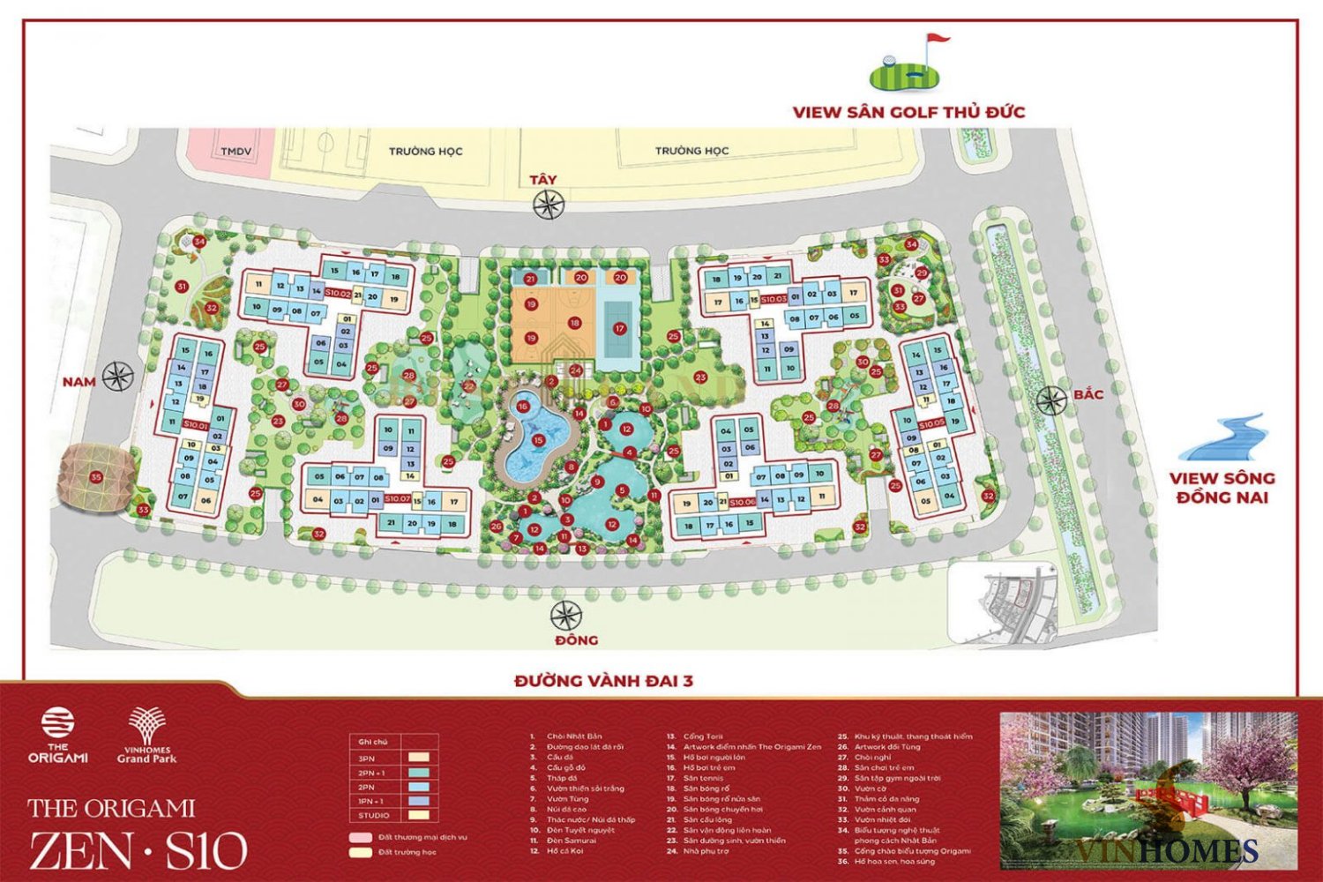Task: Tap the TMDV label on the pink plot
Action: click(235, 152)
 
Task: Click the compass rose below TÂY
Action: click(548, 206)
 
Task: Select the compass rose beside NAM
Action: click(117, 377)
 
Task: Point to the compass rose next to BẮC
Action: click(1050, 401)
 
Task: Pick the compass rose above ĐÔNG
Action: click(566, 616)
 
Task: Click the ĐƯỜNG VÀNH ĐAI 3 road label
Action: click(603, 681)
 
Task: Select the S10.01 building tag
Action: click(195, 425)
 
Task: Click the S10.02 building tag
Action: click(338, 293)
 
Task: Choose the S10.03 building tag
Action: click(774, 299)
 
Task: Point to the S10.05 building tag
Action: click(931, 425)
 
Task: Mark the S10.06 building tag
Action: click(743, 501)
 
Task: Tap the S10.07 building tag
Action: click(398, 499)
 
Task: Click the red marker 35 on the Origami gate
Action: click(96, 477)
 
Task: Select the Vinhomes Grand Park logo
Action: click(146, 735)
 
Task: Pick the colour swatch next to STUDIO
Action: click(419, 815)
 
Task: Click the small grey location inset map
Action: click(1002, 603)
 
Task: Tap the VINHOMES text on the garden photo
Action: click(1167, 850)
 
